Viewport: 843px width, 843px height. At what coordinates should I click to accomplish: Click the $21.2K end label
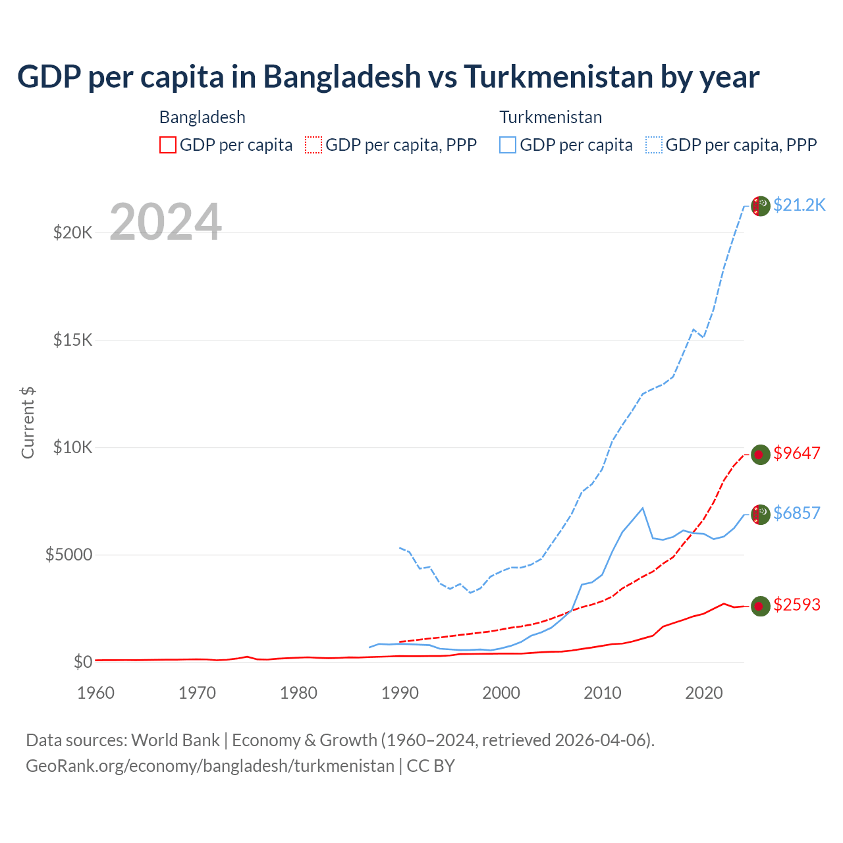point(799,205)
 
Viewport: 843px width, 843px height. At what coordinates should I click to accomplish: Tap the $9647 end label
point(797,453)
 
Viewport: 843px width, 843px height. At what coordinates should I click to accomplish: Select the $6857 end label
point(797,513)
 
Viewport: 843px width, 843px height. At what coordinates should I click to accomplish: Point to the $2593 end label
point(797,605)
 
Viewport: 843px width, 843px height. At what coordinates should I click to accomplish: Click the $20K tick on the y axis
point(72,232)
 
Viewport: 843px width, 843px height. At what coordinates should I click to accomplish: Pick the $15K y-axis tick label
point(72,340)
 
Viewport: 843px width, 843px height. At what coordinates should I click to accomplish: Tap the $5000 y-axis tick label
point(68,555)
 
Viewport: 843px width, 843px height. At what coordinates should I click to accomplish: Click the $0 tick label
point(82,662)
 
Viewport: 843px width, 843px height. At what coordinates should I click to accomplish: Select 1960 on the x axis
point(96,693)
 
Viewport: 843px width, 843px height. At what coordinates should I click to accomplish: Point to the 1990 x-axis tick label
point(400,693)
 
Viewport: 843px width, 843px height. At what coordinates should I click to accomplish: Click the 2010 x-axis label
point(603,693)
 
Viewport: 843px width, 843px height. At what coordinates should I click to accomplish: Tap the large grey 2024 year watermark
point(165,223)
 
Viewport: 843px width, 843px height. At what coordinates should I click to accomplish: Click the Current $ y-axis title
point(28,423)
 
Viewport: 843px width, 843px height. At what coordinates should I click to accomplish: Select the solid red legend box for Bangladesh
point(168,145)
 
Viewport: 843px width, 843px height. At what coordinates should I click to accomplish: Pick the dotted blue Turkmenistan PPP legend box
point(654,145)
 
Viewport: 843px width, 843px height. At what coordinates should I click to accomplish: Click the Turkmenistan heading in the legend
point(551,117)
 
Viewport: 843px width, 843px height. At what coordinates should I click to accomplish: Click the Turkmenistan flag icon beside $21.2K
point(761,206)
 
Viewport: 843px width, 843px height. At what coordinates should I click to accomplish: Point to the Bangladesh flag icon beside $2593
point(761,606)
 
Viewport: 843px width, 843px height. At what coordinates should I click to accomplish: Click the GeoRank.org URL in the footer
point(210,766)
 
